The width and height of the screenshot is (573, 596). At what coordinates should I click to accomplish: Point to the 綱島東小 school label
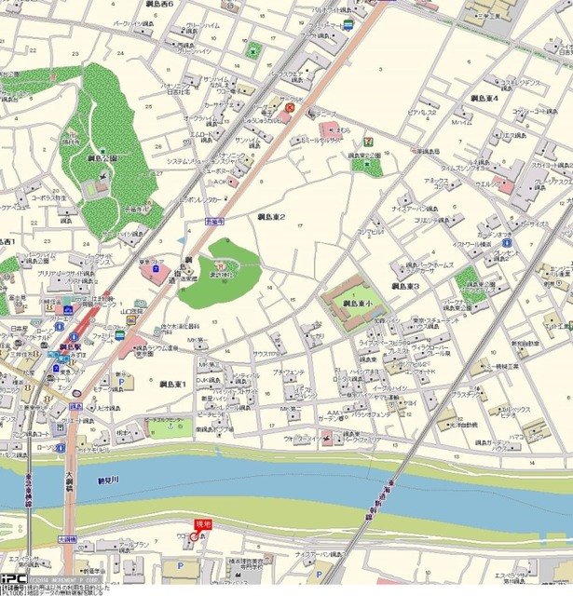(356, 304)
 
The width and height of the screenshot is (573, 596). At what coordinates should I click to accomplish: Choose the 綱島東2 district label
(270, 217)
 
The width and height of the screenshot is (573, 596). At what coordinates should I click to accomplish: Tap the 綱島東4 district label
(484, 97)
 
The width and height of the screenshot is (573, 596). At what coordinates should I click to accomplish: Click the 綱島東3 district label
(405, 286)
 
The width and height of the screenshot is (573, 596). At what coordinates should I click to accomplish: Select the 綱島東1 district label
(172, 384)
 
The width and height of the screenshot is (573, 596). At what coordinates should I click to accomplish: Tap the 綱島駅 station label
(70, 346)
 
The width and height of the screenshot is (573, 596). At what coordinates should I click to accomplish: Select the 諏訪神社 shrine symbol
(220, 268)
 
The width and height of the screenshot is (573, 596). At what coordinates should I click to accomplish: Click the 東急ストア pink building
(156, 276)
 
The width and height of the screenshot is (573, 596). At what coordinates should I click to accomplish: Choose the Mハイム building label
(461, 122)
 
